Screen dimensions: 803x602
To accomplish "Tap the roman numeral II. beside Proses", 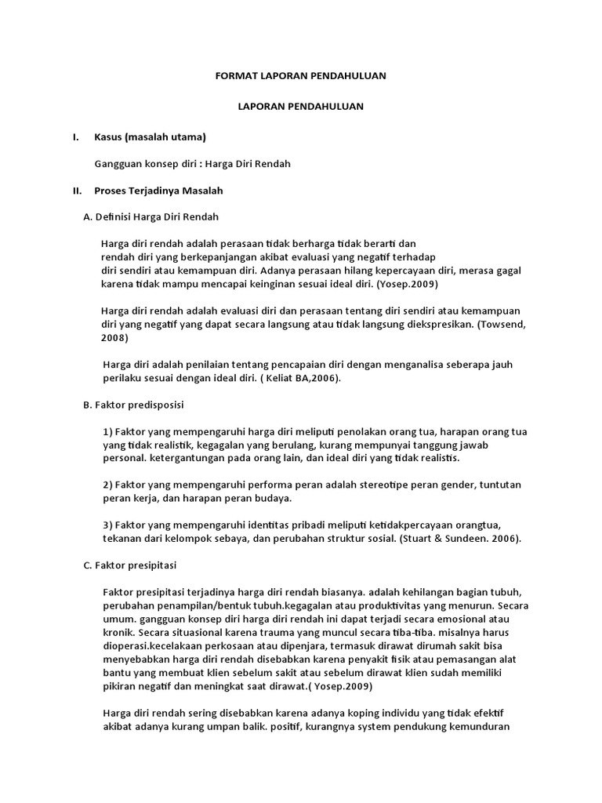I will (x=77, y=190).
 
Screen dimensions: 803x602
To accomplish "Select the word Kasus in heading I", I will (x=110, y=137).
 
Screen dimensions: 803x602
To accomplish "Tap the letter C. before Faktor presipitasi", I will (x=87, y=565).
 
